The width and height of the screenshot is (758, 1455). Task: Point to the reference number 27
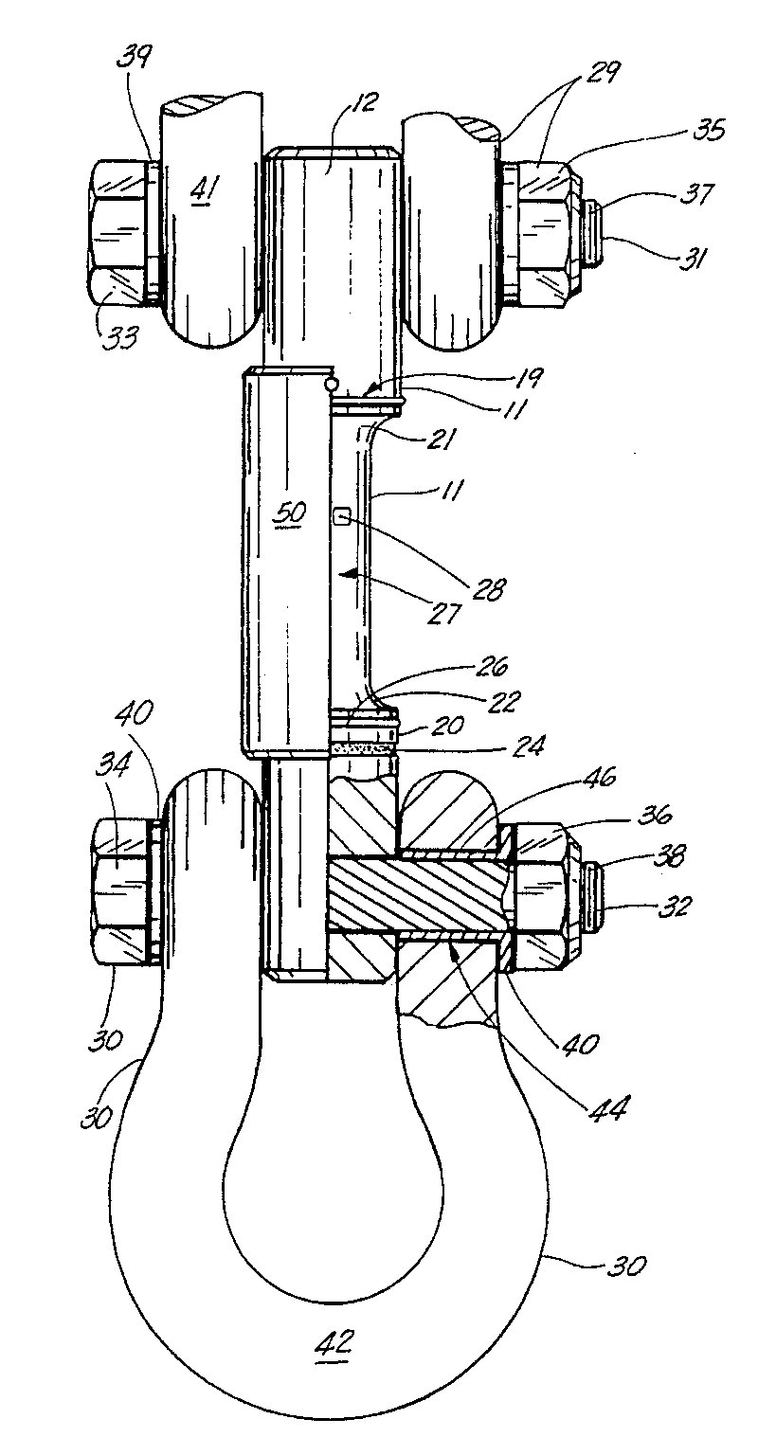[443, 612]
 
